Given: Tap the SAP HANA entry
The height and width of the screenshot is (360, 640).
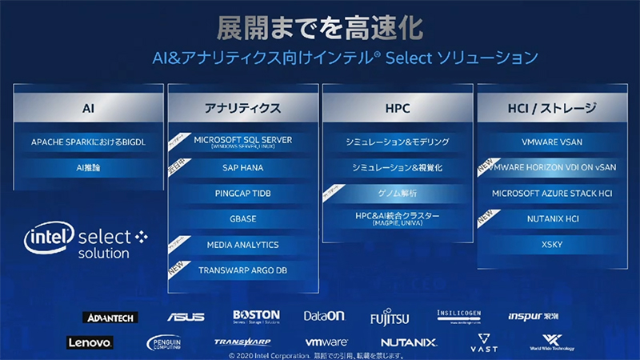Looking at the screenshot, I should (x=242, y=168).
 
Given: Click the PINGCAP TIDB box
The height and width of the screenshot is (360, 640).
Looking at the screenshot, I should (x=242, y=193).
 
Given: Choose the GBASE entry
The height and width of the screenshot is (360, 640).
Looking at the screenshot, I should (x=242, y=218).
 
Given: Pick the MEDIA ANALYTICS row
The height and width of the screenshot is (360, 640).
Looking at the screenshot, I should (x=242, y=244).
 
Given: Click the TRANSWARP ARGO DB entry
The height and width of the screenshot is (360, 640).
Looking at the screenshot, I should (x=242, y=270).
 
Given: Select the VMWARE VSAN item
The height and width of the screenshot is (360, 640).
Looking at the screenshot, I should (x=551, y=142).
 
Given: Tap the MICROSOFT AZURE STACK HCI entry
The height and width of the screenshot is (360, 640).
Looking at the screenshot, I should (x=551, y=193).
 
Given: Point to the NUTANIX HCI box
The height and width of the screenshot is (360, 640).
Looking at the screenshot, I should (x=551, y=218).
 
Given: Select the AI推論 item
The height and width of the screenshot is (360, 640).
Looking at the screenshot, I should (x=89, y=168).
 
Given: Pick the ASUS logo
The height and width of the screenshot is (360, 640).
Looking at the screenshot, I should (x=185, y=317).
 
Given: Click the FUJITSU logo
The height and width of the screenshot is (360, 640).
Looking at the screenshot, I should (x=389, y=317).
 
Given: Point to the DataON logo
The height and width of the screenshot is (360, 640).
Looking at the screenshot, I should (x=323, y=317).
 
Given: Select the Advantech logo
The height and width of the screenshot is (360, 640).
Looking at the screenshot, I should (x=110, y=318).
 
